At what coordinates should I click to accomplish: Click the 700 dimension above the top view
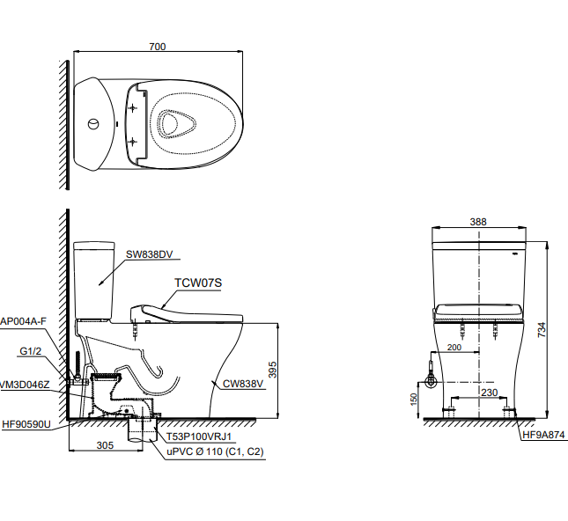[158, 46]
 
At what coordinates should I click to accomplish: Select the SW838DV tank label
[152, 254]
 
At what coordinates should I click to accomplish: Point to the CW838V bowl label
[241, 384]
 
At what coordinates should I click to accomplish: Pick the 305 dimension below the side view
[105, 445]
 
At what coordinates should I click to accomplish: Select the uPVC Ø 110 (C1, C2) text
[215, 451]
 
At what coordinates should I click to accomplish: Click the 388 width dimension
[478, 223]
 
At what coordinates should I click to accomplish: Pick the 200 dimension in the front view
[454, 348]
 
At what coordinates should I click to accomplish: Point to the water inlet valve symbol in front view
[431, 382]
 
